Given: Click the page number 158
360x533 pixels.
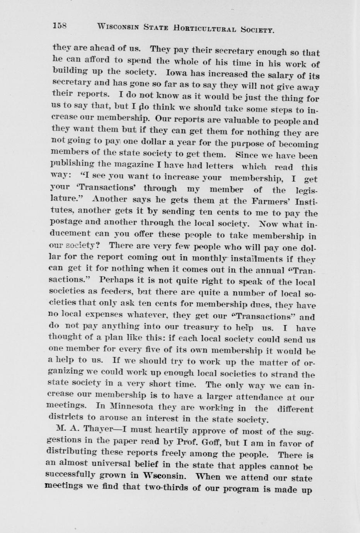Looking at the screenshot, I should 60,26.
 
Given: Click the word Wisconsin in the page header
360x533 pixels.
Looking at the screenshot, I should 118,27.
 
